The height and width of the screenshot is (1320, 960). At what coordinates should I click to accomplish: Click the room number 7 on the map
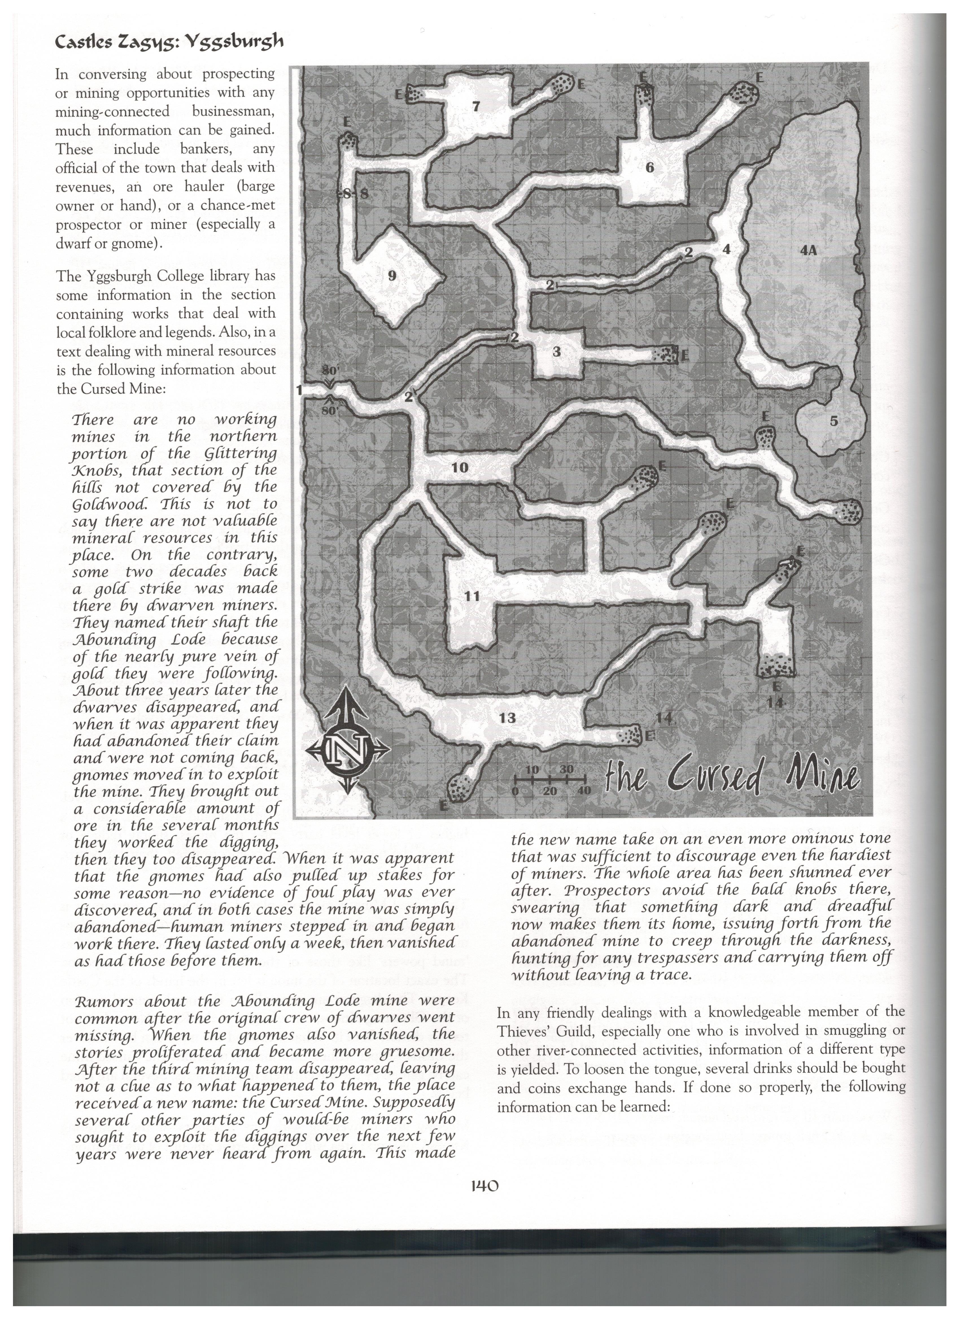476,106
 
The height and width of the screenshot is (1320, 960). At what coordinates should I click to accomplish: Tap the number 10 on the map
460,467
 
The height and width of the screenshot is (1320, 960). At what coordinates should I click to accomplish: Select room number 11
472,596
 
